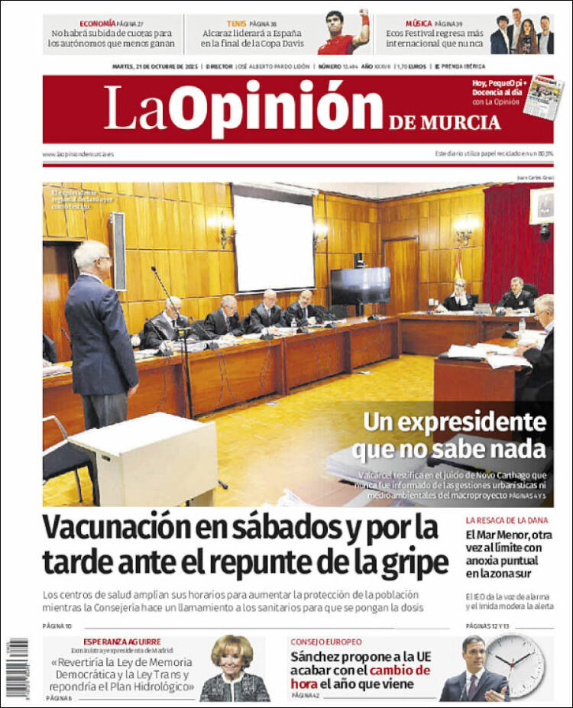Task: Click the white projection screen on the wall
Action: (274, 242)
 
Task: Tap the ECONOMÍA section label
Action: (97, 24)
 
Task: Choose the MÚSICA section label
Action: (418, 24)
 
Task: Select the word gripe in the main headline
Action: (416, 563)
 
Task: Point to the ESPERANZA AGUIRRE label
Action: (122, 642)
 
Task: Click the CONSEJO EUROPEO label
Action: (326, 642)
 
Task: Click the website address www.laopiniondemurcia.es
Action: (79, 154)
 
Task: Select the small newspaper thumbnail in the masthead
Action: (543, 95)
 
